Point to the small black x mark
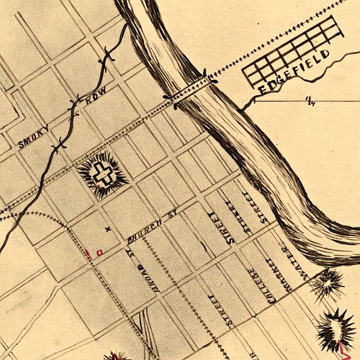click(x=108, y=229)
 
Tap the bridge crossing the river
click(x=190, y=89)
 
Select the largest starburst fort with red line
click(x=336, y=330)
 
